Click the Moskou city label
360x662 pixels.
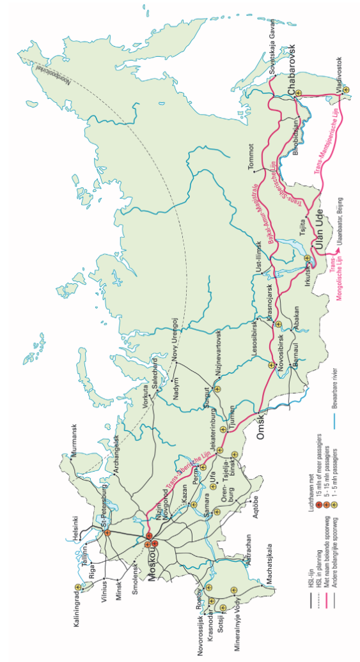154,563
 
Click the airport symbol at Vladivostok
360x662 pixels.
345,90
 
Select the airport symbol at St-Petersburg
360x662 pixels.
107,532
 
